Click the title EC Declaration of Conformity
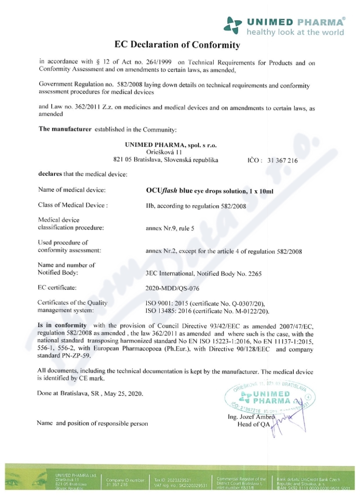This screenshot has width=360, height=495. click(177, 45)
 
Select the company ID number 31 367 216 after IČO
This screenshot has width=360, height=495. click(282, 160)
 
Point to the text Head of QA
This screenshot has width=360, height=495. click(253, 425)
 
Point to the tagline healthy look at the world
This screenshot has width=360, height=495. click(295, 32)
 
